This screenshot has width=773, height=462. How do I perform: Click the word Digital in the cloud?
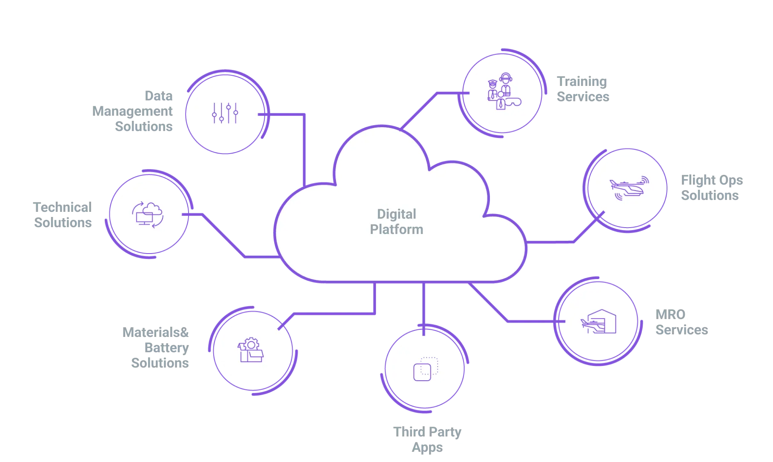pyautogui.click(x=396, y=214)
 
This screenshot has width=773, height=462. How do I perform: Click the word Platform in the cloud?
pyautogui.click(x=396, y=229)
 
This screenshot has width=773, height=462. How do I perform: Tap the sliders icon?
pyautogui.click(x=225, y=113)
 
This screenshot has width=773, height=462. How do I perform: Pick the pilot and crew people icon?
pyautogui.click(x=503, y=92)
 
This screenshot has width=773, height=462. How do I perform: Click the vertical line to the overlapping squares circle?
pyautogui.click(x=424, y=304)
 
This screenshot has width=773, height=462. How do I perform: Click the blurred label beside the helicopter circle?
pyautogui.click(x=713, y=188)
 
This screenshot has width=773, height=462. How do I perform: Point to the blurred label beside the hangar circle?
pyautogui.click(x=680, y=322)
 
